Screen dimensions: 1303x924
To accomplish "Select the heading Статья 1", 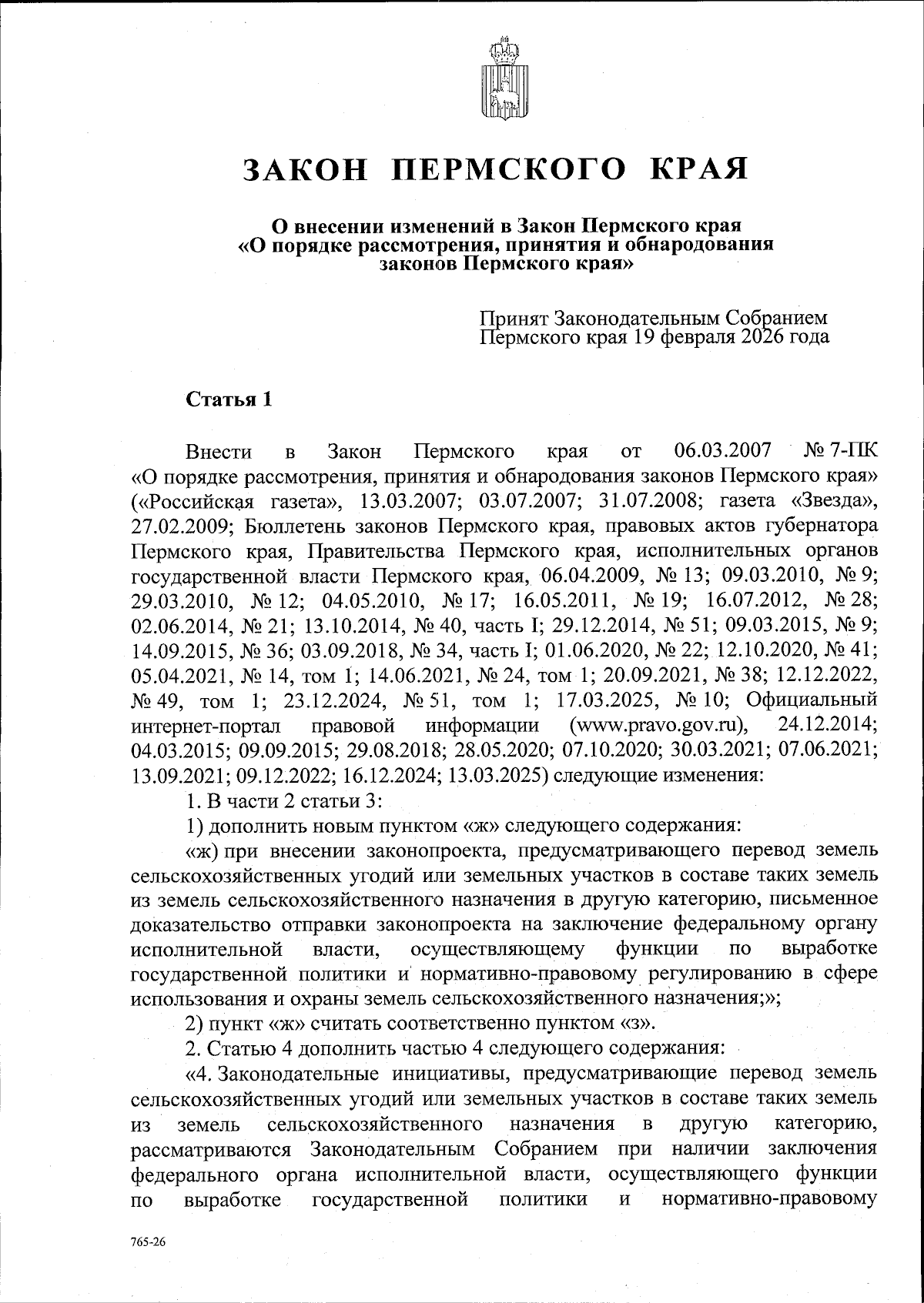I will [228, 400].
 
